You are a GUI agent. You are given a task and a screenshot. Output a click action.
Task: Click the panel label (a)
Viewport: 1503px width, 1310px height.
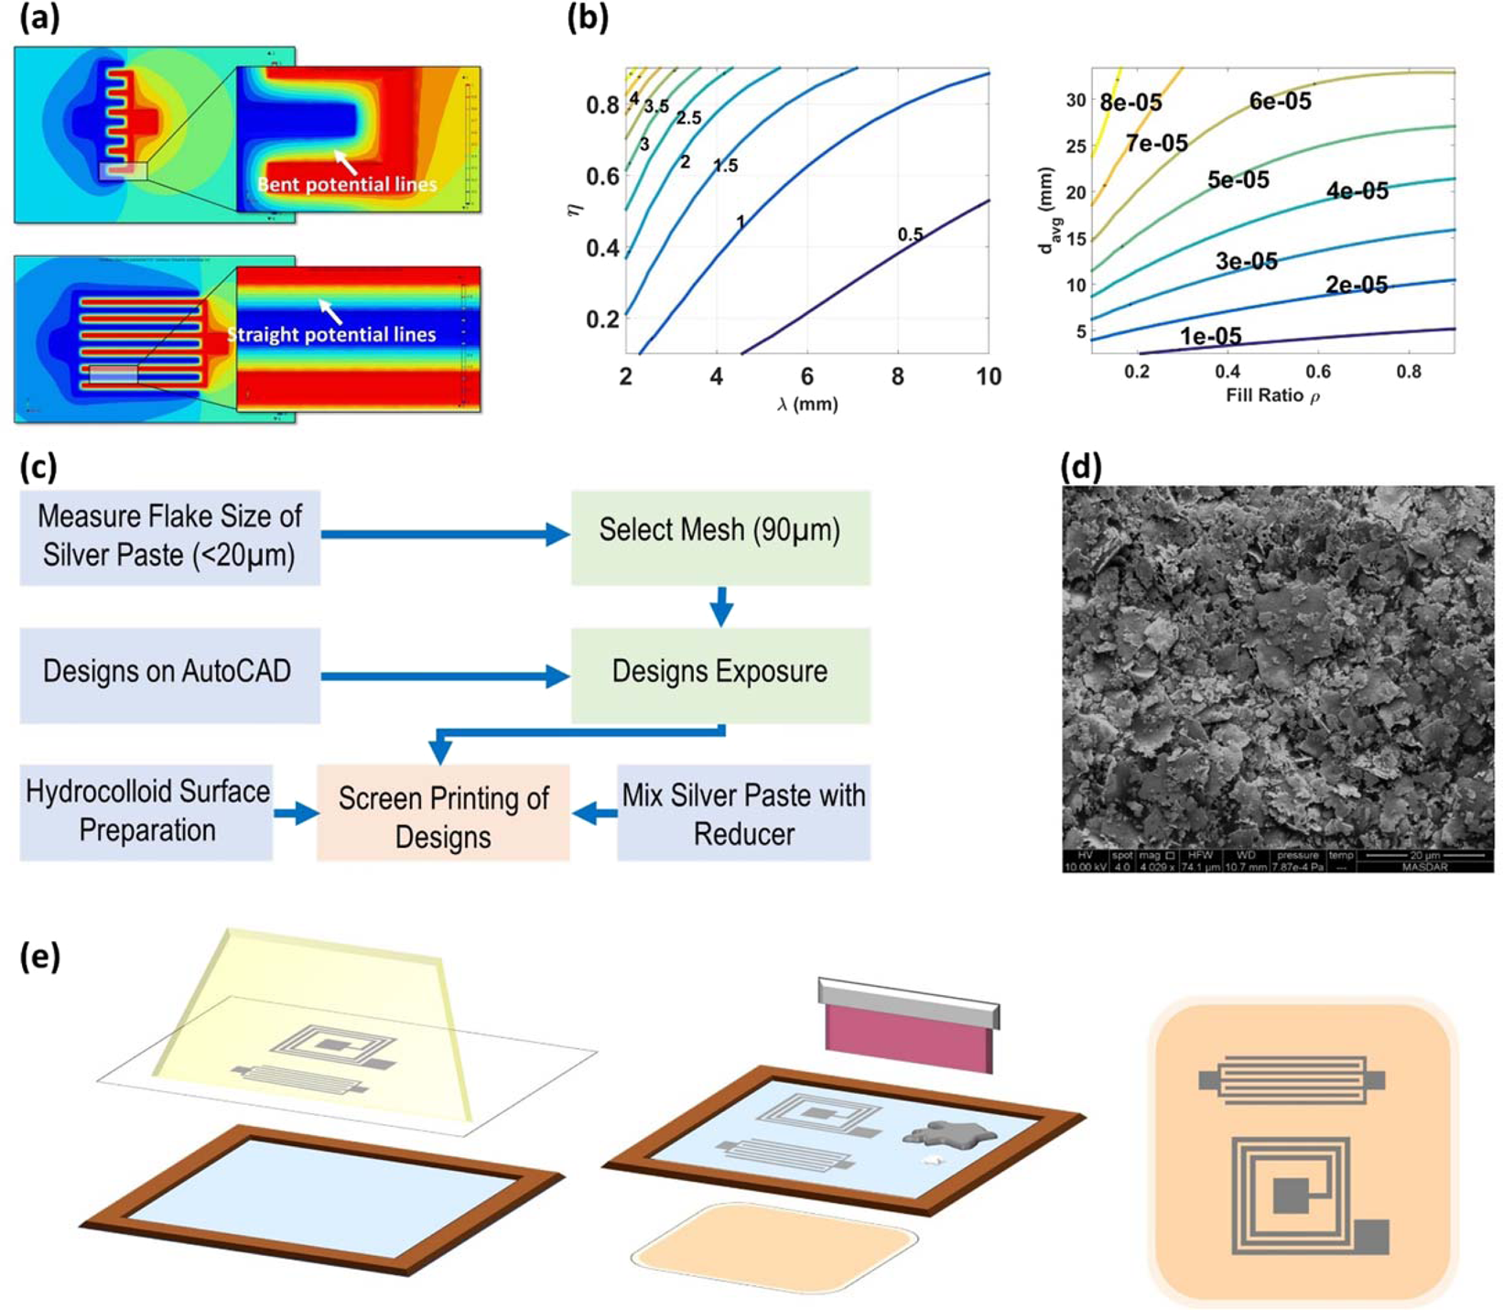[39, 19]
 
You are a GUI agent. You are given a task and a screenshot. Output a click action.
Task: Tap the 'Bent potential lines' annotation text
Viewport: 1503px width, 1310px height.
[347, 184]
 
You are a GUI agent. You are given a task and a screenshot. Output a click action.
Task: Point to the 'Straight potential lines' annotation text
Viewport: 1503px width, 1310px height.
[331, 334]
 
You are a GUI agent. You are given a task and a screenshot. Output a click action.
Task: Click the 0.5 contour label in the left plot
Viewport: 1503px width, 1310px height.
[910, 234]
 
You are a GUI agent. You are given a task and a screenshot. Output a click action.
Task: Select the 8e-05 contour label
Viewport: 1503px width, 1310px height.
[1131, 103]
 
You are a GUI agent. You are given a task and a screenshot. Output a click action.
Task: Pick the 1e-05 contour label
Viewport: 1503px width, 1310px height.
[1210, 336]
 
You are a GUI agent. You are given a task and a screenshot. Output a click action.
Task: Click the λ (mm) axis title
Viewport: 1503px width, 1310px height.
[807, 404]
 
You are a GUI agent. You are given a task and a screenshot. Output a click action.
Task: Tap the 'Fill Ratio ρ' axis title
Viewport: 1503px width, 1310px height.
[1272, 395]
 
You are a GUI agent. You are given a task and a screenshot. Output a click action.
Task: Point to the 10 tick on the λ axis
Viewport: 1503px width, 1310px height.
[988, 376]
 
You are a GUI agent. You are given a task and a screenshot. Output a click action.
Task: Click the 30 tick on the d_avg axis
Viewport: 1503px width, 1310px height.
[1076, 100]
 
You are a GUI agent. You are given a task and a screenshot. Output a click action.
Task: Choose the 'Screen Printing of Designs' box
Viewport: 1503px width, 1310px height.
[443, 813]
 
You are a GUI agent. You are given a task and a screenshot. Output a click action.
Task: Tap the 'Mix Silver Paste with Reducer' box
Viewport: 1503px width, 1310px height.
[743, 813]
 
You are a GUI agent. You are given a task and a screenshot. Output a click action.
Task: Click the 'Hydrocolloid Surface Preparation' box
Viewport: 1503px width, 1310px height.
[146, 812]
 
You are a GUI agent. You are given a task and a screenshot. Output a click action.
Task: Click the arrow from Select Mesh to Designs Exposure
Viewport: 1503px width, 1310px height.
[721, 606]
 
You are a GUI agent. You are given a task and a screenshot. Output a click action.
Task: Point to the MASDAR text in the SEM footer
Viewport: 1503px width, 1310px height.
[1424, 866]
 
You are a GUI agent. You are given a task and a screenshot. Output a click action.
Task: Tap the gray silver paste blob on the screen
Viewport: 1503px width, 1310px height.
[948, 1134]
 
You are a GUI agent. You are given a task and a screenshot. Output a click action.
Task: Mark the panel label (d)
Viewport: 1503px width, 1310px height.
[1080, 468]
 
